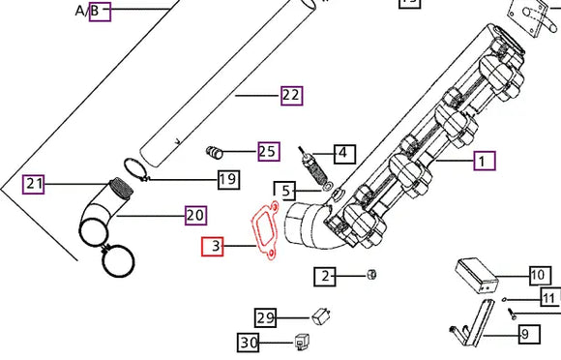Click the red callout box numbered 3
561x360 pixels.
[212, 246]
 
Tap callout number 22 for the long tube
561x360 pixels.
[291, 96]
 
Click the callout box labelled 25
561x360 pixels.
[269, 151]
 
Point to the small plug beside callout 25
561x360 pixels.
[215, 153]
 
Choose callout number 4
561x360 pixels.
[345, 154]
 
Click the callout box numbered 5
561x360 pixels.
[284, 191]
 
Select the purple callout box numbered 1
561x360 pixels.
[485, 161]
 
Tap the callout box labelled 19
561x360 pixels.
[228, 179]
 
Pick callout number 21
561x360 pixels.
[33, 184]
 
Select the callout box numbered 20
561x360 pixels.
[195, 216]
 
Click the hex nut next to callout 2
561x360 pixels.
[371, 275]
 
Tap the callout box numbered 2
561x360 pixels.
[325, 277]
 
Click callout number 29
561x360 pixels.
[265, 317]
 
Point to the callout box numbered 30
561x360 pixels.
[249, 343]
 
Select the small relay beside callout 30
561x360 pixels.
[302, 342]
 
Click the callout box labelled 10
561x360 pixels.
[541, 275]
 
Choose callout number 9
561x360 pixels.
[529, 334]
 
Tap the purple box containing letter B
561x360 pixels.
[100, 12]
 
